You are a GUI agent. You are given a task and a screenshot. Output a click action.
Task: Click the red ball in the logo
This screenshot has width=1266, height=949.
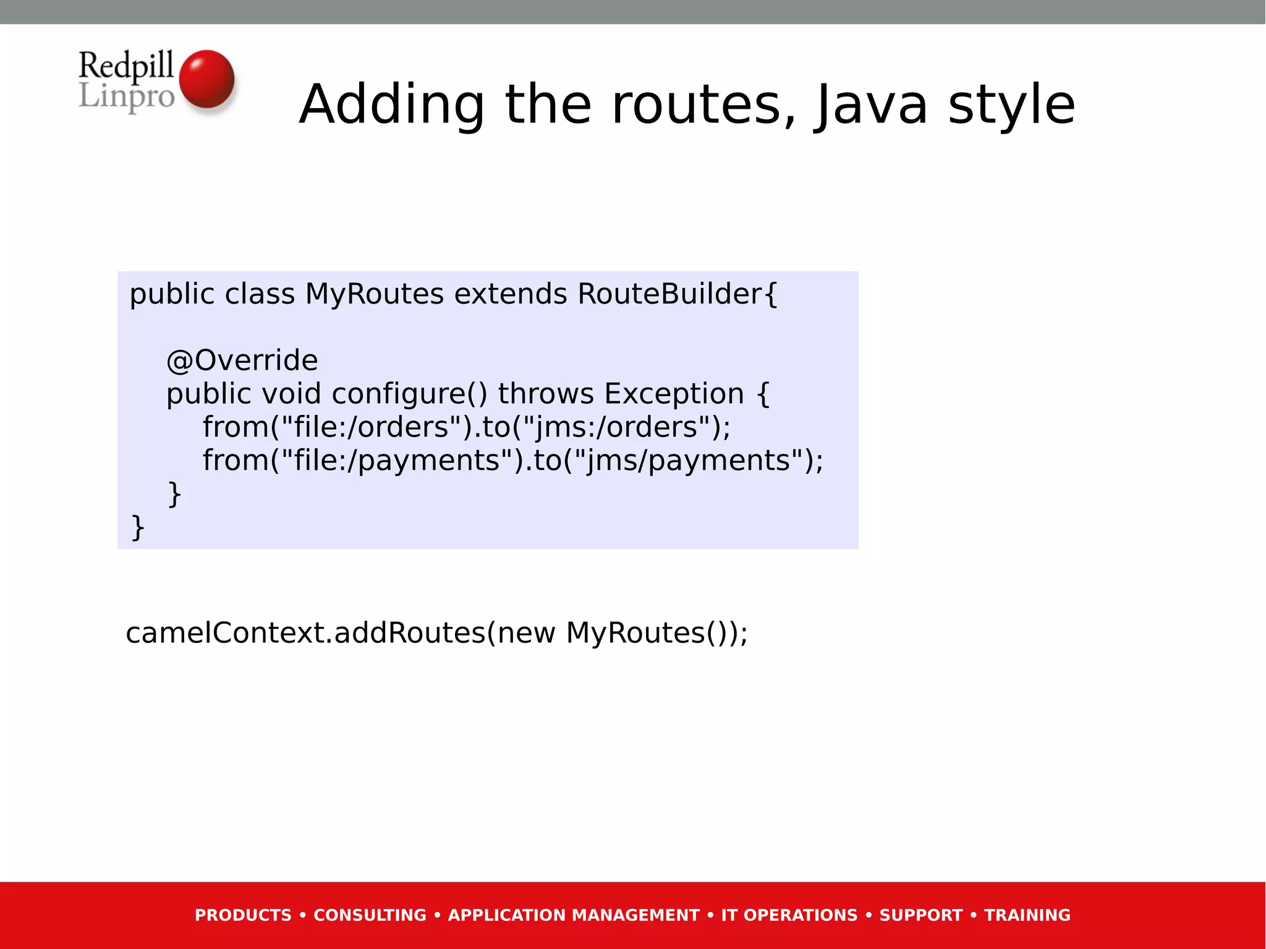click(x=206, y=79)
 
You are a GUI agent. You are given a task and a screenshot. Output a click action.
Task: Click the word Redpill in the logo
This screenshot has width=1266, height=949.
click(x=126, y=66)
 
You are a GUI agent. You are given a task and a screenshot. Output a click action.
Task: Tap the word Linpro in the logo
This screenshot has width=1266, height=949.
click(x=126, y=96)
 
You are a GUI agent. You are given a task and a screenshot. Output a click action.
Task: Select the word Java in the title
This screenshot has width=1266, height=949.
click(x=871, y=105)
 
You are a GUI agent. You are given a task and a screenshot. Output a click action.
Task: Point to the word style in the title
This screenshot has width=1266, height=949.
click(x=1012, y=105)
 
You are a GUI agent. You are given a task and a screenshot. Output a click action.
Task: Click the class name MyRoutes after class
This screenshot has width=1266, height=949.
click(x=375, y=294)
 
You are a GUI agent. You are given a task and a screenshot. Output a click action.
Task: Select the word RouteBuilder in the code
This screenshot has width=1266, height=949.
click(x=670, y=294)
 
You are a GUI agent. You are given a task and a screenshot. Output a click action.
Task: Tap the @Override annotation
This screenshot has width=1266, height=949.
click(x=242, y=361)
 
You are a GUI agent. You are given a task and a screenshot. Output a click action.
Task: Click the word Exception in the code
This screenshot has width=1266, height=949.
click(x=674, y=394)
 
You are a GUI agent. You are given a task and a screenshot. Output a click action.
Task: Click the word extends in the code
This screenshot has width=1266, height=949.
click(x=511, y=294)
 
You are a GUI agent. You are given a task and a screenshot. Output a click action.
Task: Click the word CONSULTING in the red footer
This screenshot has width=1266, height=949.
click(x=370, y=916)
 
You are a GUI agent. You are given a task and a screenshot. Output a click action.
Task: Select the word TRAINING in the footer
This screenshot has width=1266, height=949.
click(x=1027, y=916)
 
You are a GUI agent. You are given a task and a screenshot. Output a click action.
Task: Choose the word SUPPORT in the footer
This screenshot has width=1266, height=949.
click(x=921, y=916)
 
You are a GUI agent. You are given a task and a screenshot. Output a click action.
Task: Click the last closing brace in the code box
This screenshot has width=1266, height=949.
click(x=138, y=528)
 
